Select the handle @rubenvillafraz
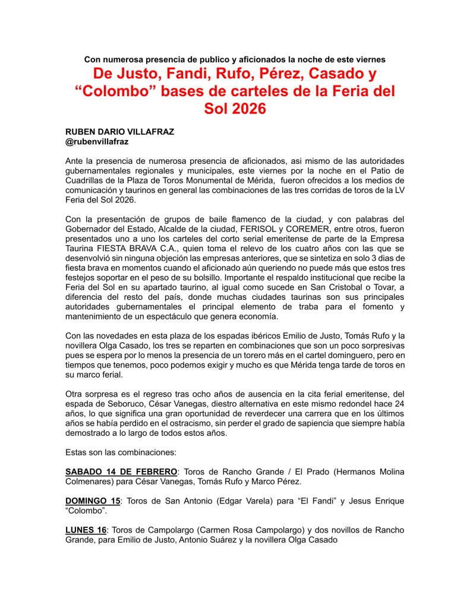coord(97,142)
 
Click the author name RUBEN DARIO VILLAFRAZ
coord(119,132)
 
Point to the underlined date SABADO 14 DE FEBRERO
coord(121,471)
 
